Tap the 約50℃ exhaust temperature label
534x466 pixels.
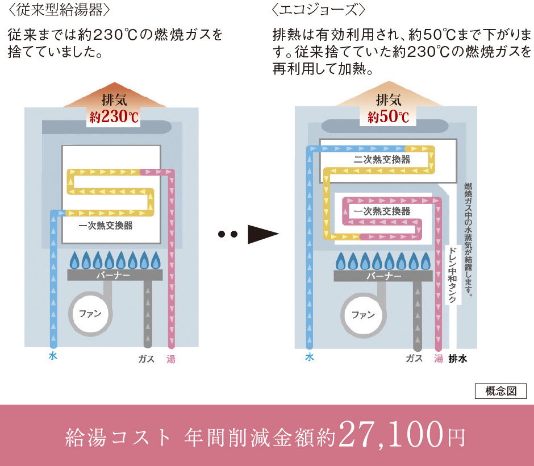389,117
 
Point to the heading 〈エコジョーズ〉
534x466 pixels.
319,11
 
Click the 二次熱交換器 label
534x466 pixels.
382,160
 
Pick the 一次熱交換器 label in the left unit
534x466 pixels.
106,226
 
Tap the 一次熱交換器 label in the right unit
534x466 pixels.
382,211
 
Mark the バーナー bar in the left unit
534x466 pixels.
114,275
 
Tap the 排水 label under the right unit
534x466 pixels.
457,359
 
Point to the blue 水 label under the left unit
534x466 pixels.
53,357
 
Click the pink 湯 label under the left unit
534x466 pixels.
171,359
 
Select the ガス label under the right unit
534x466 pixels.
414,359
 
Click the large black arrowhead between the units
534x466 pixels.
262,234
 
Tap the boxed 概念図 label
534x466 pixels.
500,391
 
